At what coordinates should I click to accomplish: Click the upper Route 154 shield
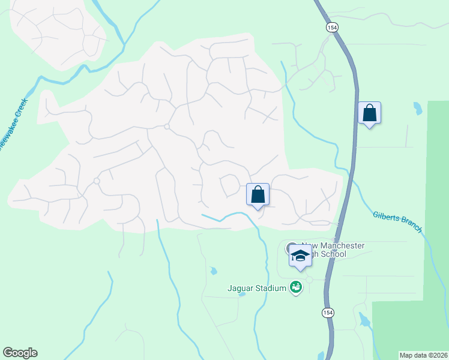pyautogui.click(x=331, y=28)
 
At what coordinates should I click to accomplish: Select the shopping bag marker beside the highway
pyautogui.click(x=369, y=113)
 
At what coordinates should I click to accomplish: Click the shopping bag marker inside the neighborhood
pyautogui.click(x=258, y=194)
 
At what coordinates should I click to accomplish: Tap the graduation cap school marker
pyautogui.click(x=300, y=256)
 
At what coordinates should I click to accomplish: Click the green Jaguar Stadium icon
pyautogui.click(x=295, y=288)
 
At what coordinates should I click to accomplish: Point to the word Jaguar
pyautogui.click(x=241, y=289)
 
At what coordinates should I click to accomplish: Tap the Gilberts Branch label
pyautogui.click(x=397, y=221)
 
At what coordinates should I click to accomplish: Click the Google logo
pyautogui.click(x=20, y=353)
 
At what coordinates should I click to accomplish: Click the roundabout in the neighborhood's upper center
pyautogui.click(x=167, y=126)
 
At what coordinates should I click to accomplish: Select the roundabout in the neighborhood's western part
pyautogui.click(x=96, y=181)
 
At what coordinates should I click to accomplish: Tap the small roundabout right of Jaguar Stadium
pyautogui.click(x=309, y=280)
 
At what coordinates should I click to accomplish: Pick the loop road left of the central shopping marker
pyautogui.click(x=229, y=185)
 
